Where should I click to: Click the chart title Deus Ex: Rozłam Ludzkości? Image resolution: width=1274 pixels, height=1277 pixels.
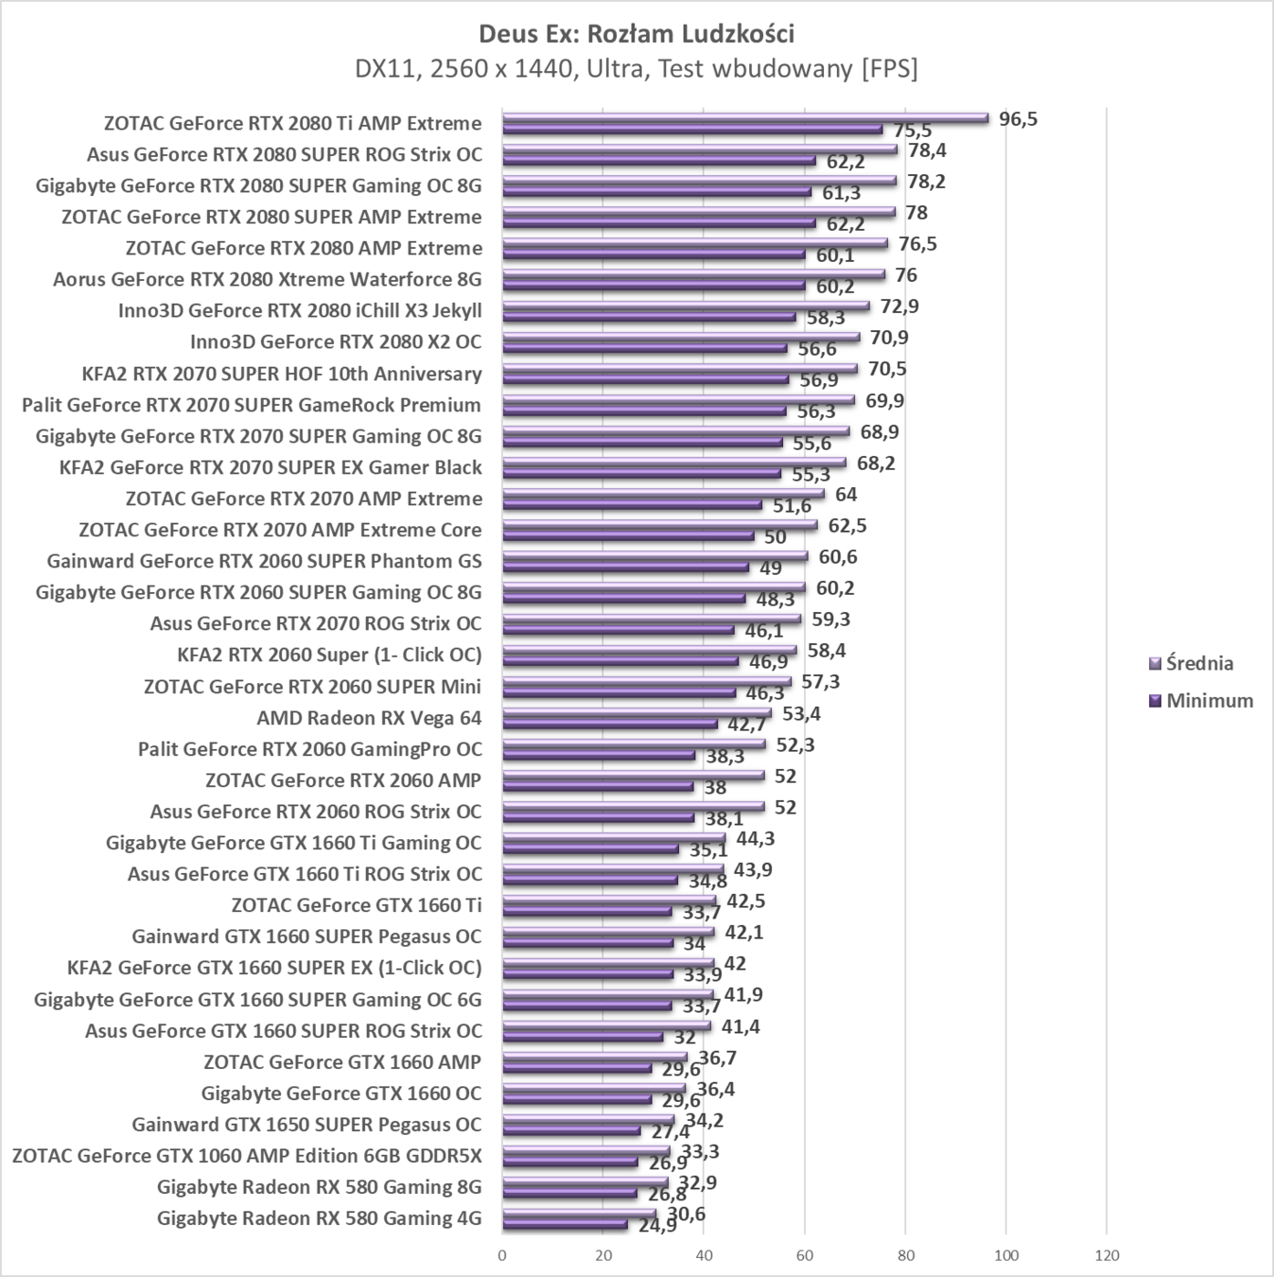tap(636, 34)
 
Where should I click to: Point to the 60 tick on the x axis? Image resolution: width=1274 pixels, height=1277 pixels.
tap(804, 1255)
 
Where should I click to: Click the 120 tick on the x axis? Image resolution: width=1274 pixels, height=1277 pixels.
tap(1106, 1255)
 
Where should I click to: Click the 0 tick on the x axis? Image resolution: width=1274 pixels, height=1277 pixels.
tap(502, 1255)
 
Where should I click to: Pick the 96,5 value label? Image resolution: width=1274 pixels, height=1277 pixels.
tap(1018, 119)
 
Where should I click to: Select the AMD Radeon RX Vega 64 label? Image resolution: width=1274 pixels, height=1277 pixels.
tap(369, 718)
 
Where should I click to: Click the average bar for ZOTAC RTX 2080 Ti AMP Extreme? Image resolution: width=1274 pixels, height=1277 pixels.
tap(745, 118)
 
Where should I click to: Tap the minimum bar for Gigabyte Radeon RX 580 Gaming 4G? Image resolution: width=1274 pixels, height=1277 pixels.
tap(564, 1224)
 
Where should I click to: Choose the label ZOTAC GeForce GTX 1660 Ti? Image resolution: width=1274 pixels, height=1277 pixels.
tap(356, 905)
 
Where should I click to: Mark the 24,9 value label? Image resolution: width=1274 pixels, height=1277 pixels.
tap(657, 1225)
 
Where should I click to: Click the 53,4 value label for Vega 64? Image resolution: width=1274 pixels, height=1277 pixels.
tap(800, 713)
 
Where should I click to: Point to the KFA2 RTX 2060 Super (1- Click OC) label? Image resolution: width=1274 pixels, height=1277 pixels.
tap(329, 655)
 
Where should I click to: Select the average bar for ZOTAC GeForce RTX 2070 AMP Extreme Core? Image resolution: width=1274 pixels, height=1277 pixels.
tap(659, 524)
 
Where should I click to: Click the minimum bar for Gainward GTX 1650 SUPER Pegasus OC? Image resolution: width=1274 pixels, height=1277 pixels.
tap(570, 1130)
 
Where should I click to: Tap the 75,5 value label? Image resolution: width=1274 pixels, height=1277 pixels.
tap(912, 131)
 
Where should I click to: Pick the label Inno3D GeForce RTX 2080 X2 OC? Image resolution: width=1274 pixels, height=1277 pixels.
tap(335, 342)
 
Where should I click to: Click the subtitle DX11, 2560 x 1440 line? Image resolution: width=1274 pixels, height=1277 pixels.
tap(636, 68)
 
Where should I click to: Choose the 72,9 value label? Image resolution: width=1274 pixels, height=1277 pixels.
tap(899, 306)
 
